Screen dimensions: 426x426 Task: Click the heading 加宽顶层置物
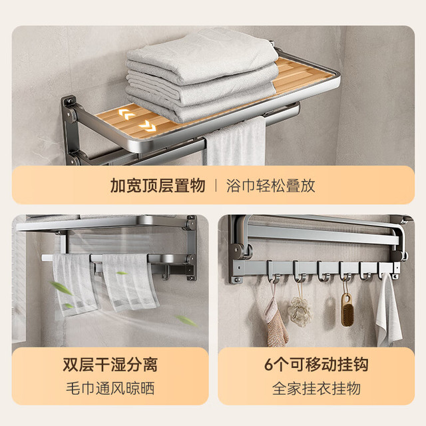pos(157,186)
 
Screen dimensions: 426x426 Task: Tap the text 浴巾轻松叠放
pos(271,186)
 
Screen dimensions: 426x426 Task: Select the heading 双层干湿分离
pos(110,364)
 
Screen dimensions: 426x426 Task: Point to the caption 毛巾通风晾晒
pos(110,388)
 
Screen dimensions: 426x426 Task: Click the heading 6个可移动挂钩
pos(316,364)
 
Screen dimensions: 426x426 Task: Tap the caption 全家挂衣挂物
pos(316,388)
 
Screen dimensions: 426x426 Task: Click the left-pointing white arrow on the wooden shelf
pos(126,114)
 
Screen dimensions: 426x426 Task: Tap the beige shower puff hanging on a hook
pos(299,311)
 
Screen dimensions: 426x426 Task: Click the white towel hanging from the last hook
pos(388,311)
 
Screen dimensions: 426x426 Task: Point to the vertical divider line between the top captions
pos(216,186)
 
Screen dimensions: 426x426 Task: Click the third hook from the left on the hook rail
pos(323,271)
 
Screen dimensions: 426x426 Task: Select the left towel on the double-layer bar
pos(75,284)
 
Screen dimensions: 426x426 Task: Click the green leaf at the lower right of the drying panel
pos(186,321)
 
